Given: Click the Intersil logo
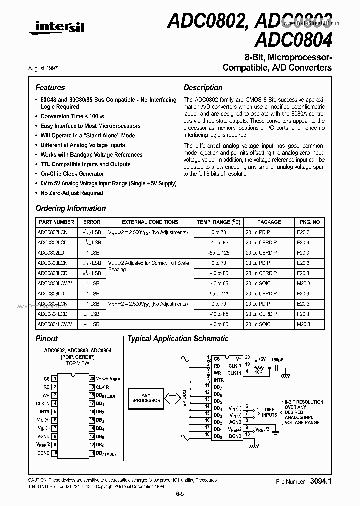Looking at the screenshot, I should pos(57,30).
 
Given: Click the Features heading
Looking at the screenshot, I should pos(50,87).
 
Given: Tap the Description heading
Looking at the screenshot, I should pos(203,87).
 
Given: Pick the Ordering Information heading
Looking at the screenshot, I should pos(70,208).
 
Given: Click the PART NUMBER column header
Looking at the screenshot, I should pos(56,222).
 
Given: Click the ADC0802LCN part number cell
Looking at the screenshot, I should pos(52,232).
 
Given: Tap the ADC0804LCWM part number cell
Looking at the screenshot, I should pos(55,324).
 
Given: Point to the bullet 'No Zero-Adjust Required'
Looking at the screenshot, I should pos(71,193).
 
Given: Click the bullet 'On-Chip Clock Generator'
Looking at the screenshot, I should pos(72,174).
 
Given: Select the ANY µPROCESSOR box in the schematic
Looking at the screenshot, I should pos(146,397).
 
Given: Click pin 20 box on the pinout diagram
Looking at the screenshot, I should pos(91,379).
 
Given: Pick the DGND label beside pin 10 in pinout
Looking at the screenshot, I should pos(43,453).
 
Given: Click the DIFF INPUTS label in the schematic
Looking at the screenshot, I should pos(269,412).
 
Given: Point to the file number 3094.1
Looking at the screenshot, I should pos(321,481).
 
